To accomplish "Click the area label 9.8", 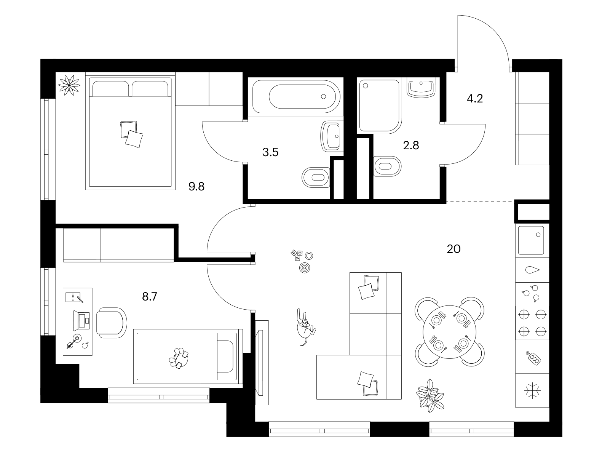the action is [x=196, y=187].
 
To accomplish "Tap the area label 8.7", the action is [x=150, y=297].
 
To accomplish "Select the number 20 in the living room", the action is [x=453, y=249].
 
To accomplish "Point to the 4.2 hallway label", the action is [x=474, y=99].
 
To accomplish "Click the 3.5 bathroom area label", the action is [x=270, y=152].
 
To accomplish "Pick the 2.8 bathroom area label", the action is [x=411, y=145].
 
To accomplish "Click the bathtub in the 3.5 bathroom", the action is [x=296, y=96].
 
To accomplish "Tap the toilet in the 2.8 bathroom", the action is [x=387, y=166].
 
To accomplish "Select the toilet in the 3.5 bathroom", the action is [x=316, y=177].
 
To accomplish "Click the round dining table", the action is [x=449, y=332].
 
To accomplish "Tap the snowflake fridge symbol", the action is [x=532, y=391].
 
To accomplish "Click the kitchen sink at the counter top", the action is [x=531, y=240].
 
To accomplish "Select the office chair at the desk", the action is [x=111, y=323].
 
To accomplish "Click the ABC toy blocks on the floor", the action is [x=297, y=255].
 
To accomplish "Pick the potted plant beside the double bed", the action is [x=69, y=85].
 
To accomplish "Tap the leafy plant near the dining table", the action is [x=430, y=396].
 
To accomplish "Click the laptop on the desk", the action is [x=81, y=321].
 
